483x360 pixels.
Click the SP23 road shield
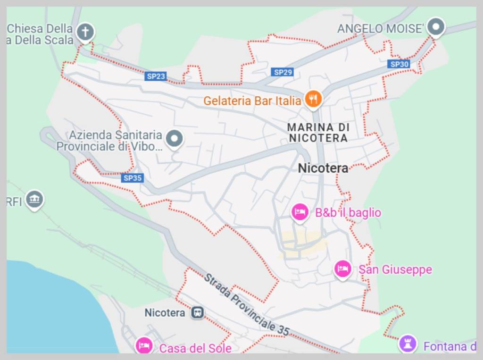coord(156,76)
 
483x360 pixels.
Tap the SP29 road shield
coord(283,72)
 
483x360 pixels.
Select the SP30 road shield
coord(399,64)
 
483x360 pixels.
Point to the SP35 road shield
coord(132,178)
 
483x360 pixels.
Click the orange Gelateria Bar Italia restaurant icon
coord(313,99)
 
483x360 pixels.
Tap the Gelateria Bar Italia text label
coord(252,100)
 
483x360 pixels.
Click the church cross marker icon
coord(85,32)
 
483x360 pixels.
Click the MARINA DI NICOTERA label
coord(318,133)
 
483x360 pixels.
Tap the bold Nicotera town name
coord(323,168)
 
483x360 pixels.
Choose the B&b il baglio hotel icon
coord(300,212)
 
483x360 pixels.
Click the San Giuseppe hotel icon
coord(343,269)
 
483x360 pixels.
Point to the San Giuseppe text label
coord(395,270)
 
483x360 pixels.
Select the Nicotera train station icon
coord(198,312)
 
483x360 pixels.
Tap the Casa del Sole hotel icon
coord(144,346)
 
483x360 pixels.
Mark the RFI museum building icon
coord(34,200)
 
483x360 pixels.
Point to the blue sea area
coord(47,311)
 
